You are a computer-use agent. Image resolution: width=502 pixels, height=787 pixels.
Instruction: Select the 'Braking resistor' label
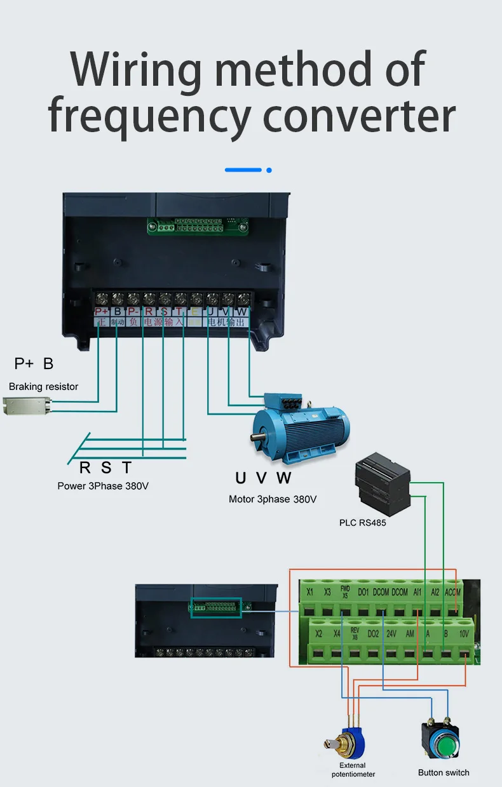(44, 386)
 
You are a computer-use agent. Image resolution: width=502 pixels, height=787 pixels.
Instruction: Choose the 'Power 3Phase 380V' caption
(104, 486)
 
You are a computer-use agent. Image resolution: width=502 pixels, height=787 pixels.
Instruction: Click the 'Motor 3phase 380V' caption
(273, 499)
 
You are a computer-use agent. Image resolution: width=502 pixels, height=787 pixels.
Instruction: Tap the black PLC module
(383, 483)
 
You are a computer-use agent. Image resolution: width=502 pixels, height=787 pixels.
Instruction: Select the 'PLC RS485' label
(363, 523)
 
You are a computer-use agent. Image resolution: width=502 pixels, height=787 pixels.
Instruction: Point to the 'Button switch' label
(444, 772)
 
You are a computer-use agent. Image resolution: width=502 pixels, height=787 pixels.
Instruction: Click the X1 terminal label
(309, 593)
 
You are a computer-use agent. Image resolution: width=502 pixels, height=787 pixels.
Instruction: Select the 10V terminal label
(464, 634)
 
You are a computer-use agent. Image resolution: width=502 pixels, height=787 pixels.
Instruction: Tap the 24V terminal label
(391, 634)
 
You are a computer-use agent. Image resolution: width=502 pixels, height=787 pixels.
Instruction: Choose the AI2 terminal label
(435, 593)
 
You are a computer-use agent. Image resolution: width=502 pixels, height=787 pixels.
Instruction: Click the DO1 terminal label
(363, 593)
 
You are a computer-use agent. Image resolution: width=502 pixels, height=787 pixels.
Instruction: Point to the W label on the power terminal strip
(242, 312)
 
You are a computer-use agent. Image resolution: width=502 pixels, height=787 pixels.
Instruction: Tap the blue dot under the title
(269, 170)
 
